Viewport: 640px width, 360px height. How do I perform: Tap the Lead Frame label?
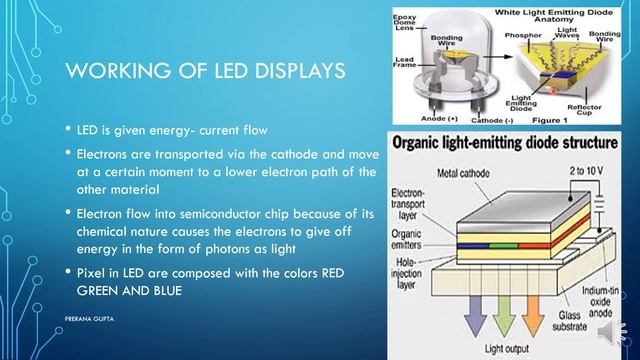pyautogui.click(x=405, y=64)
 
